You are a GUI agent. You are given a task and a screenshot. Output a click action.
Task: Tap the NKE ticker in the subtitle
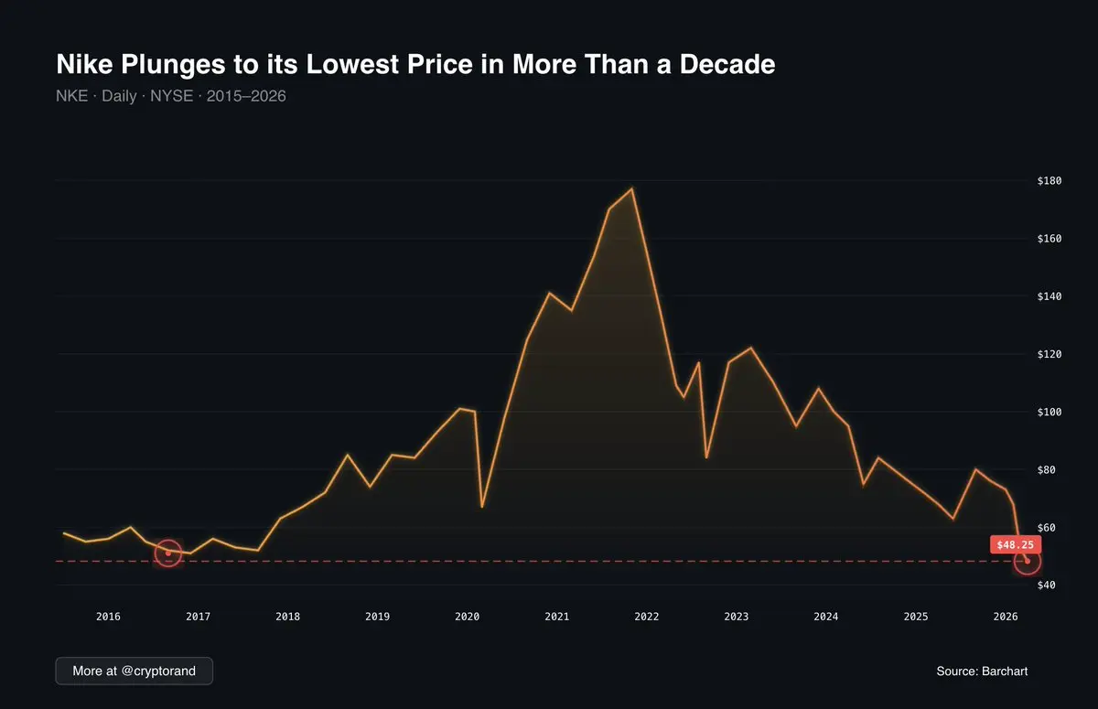[71, 95]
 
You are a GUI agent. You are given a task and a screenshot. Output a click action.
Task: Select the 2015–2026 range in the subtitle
[246, 95]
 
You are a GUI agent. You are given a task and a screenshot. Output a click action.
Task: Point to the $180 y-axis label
[1049, 181]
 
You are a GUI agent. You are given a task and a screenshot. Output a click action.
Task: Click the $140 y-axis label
[1049, 296]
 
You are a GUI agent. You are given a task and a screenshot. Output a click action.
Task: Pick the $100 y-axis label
[1049, 412]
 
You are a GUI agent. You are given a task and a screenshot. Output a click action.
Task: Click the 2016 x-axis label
[108, 617]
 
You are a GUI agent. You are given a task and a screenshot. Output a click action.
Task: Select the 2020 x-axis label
[468, 617]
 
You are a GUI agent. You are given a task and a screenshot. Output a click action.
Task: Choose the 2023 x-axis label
[737, 617]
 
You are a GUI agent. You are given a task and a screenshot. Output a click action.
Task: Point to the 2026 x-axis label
[1006, 617]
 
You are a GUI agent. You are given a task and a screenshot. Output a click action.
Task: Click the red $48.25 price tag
[1015, 544]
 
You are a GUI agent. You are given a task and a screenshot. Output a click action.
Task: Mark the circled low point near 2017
[168, 553]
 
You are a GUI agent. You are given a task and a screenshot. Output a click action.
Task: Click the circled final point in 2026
[1028, 561]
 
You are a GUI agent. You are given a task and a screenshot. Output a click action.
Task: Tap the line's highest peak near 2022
[632, 188]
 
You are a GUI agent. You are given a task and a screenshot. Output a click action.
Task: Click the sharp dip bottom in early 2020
[482, 506]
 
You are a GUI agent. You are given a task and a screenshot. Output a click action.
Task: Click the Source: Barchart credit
[982, 671]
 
